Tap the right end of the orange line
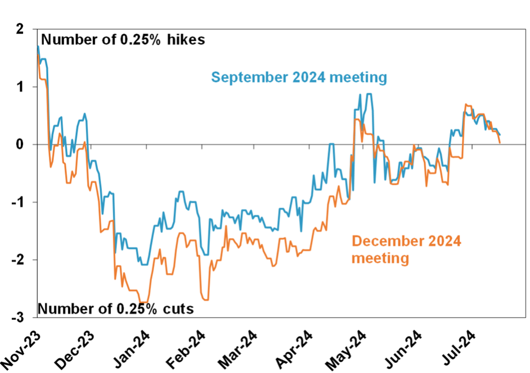click(x=500, y=143)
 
